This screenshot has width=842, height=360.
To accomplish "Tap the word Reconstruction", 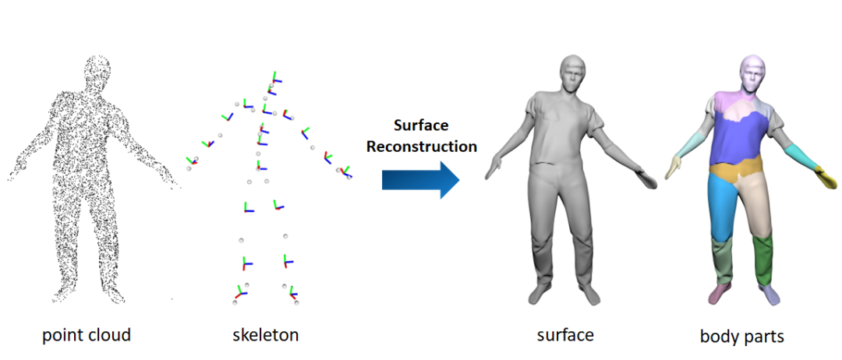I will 422,146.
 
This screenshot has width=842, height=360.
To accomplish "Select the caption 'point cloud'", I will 87,335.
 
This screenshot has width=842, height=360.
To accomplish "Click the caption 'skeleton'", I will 265,335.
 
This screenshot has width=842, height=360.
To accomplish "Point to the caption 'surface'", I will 565,335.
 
